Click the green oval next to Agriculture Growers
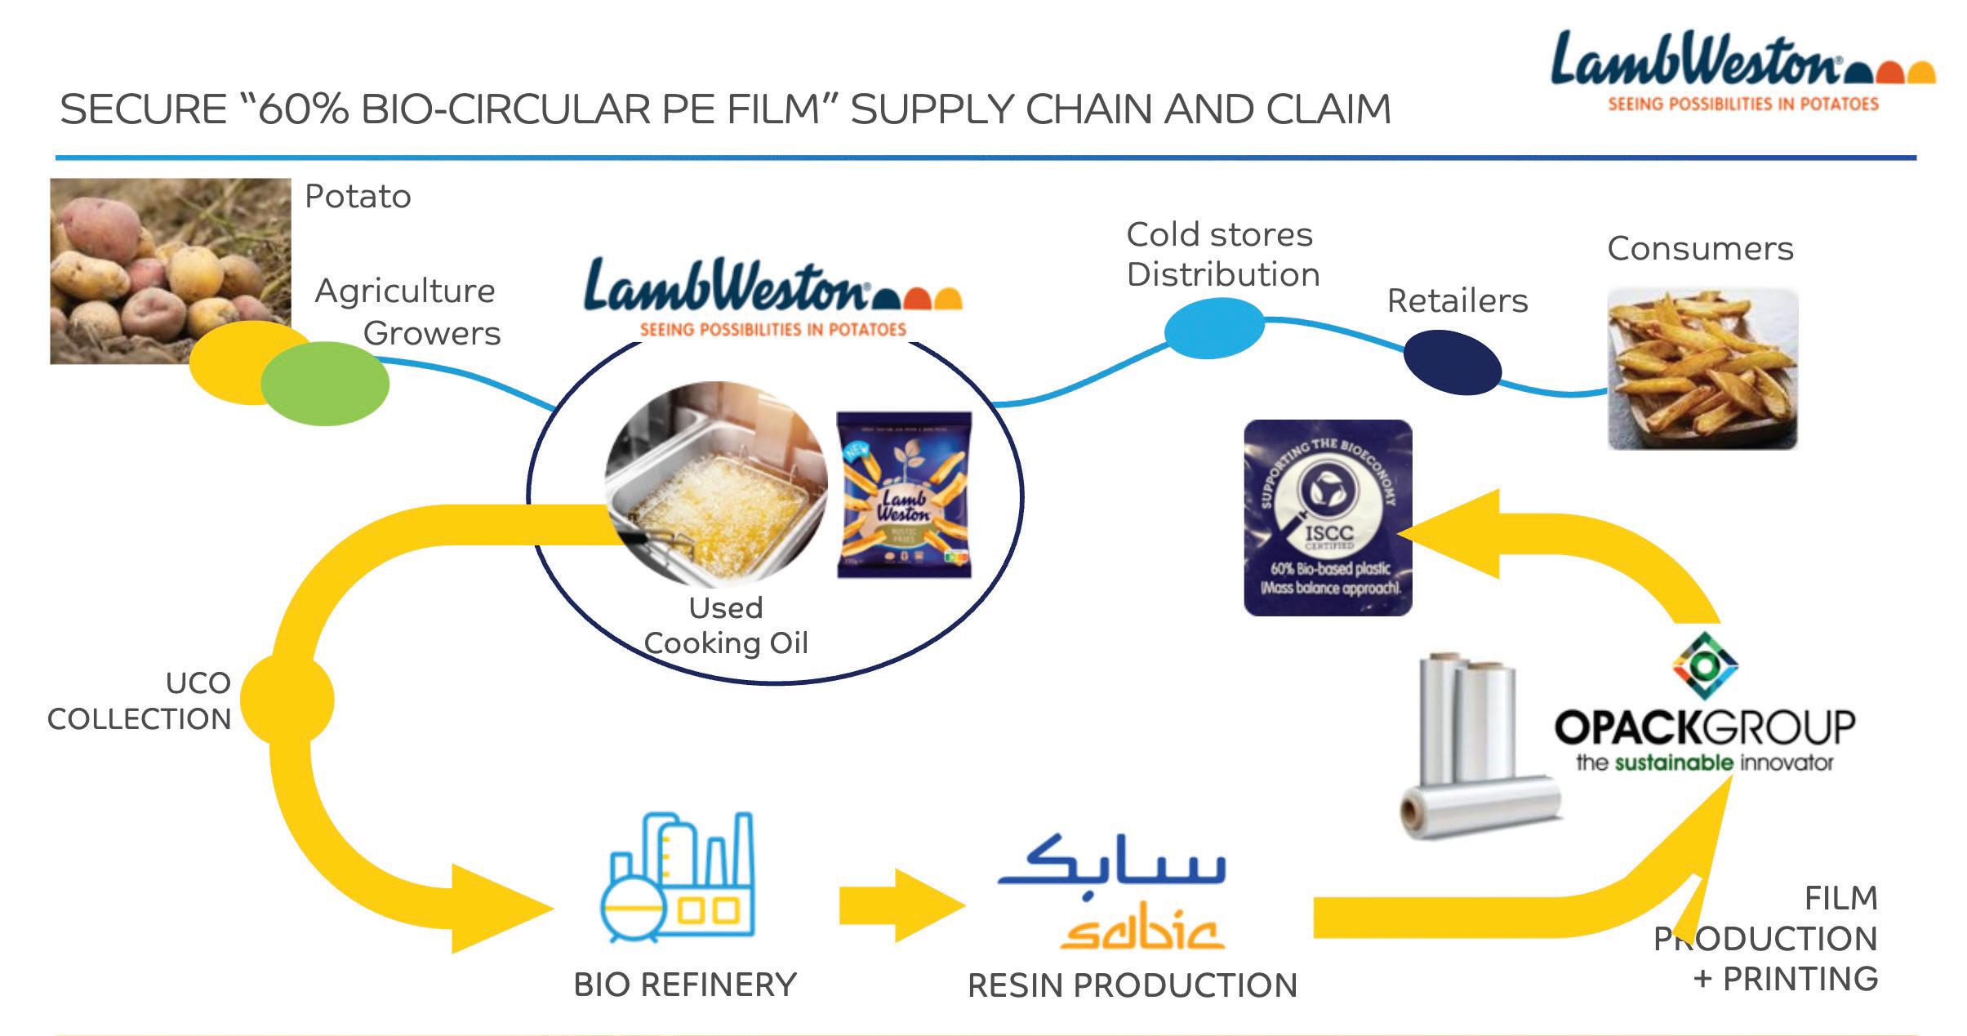coord(325,383)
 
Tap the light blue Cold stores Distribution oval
coord(1213,328)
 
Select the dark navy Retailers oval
coord(1452,362)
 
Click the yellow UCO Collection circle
coord(287,699)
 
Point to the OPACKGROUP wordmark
coord(1704,727)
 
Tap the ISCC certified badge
coord(1327,518)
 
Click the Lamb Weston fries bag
coord(904,494)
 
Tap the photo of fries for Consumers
coord(1702,369)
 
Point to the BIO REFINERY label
coord(684,985)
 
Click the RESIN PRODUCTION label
coord(1132,985)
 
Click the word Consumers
coord(1700,248)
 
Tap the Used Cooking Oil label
coord(726,625)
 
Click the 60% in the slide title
coord(303,109)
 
